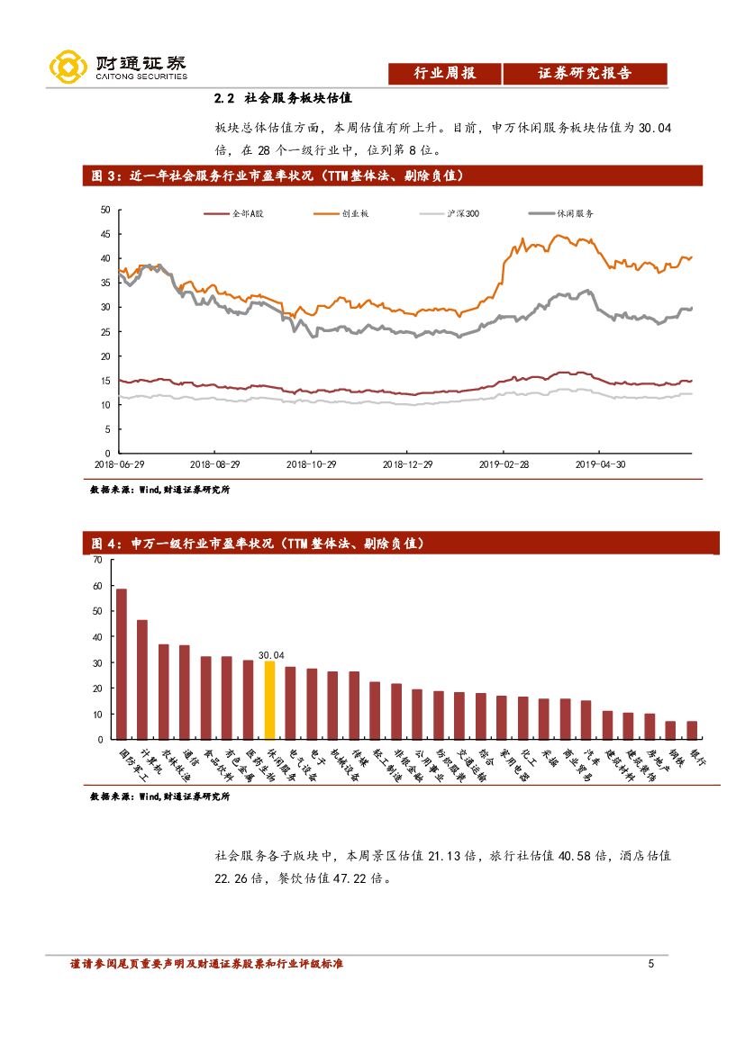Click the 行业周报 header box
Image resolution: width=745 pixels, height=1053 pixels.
[x=444, y=74]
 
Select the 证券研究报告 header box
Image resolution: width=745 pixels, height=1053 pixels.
[x=585, y=74]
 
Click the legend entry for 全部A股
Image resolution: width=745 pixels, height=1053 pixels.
[x=230, y=214]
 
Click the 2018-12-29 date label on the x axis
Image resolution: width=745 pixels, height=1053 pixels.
[x=408, y=464]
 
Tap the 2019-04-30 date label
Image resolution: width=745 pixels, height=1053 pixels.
[x=600, y=464]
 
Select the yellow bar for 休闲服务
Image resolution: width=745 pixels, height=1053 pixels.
[x=269, y=701]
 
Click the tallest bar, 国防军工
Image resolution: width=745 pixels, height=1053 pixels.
[x=121, y=664]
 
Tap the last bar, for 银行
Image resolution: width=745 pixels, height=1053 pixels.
[x=692, y=730]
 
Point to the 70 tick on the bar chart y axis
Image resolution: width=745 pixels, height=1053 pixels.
[x=97, y=560]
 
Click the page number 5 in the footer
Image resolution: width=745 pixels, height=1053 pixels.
[x=651, y=964]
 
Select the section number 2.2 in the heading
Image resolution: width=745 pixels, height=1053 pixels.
[x=224, y=98]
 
